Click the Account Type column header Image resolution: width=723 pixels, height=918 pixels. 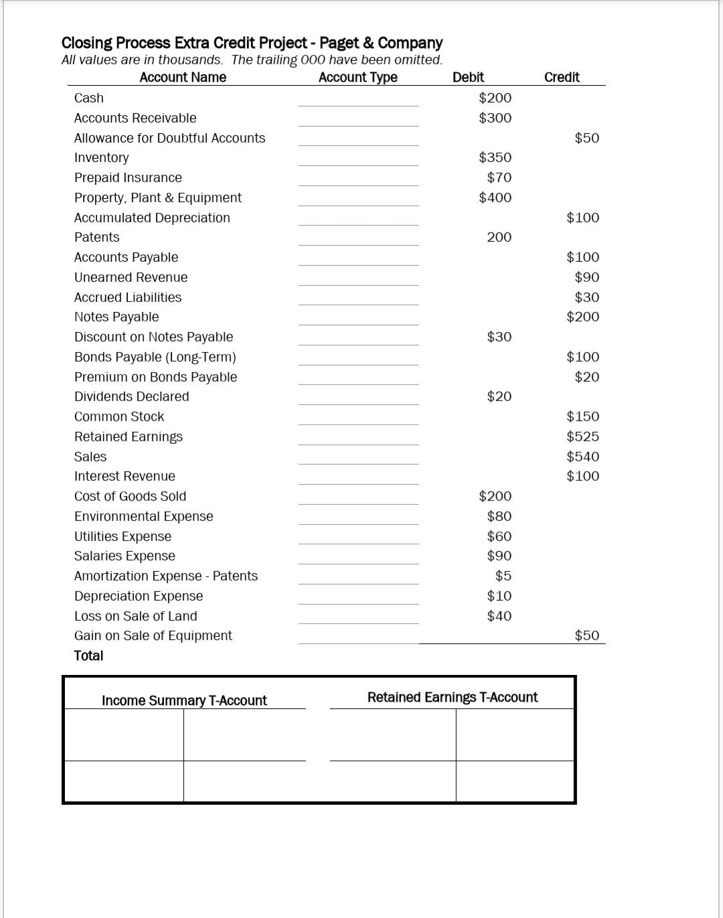357,77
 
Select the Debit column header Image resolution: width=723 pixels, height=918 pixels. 468,77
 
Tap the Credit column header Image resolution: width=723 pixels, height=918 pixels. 562,77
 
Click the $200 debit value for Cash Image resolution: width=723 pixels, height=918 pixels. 495,98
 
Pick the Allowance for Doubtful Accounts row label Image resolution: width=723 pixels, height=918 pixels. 169,138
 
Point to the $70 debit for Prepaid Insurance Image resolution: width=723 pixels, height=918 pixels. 499,177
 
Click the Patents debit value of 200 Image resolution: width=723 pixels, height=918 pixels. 499,237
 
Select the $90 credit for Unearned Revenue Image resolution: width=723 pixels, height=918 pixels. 586,277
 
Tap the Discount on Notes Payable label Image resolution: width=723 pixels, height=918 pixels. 153,337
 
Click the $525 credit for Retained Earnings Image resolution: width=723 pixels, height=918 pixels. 582,437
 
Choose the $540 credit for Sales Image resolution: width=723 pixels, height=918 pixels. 582,457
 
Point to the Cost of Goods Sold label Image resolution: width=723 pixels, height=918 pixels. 130,496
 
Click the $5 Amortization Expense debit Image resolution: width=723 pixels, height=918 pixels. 503,576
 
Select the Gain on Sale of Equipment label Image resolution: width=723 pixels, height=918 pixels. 153,635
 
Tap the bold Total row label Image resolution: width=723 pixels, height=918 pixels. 88,656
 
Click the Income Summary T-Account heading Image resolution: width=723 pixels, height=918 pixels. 184,700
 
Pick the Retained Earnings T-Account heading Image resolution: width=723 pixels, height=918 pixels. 452,697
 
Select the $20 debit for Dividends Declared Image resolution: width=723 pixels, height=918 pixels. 499,396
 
